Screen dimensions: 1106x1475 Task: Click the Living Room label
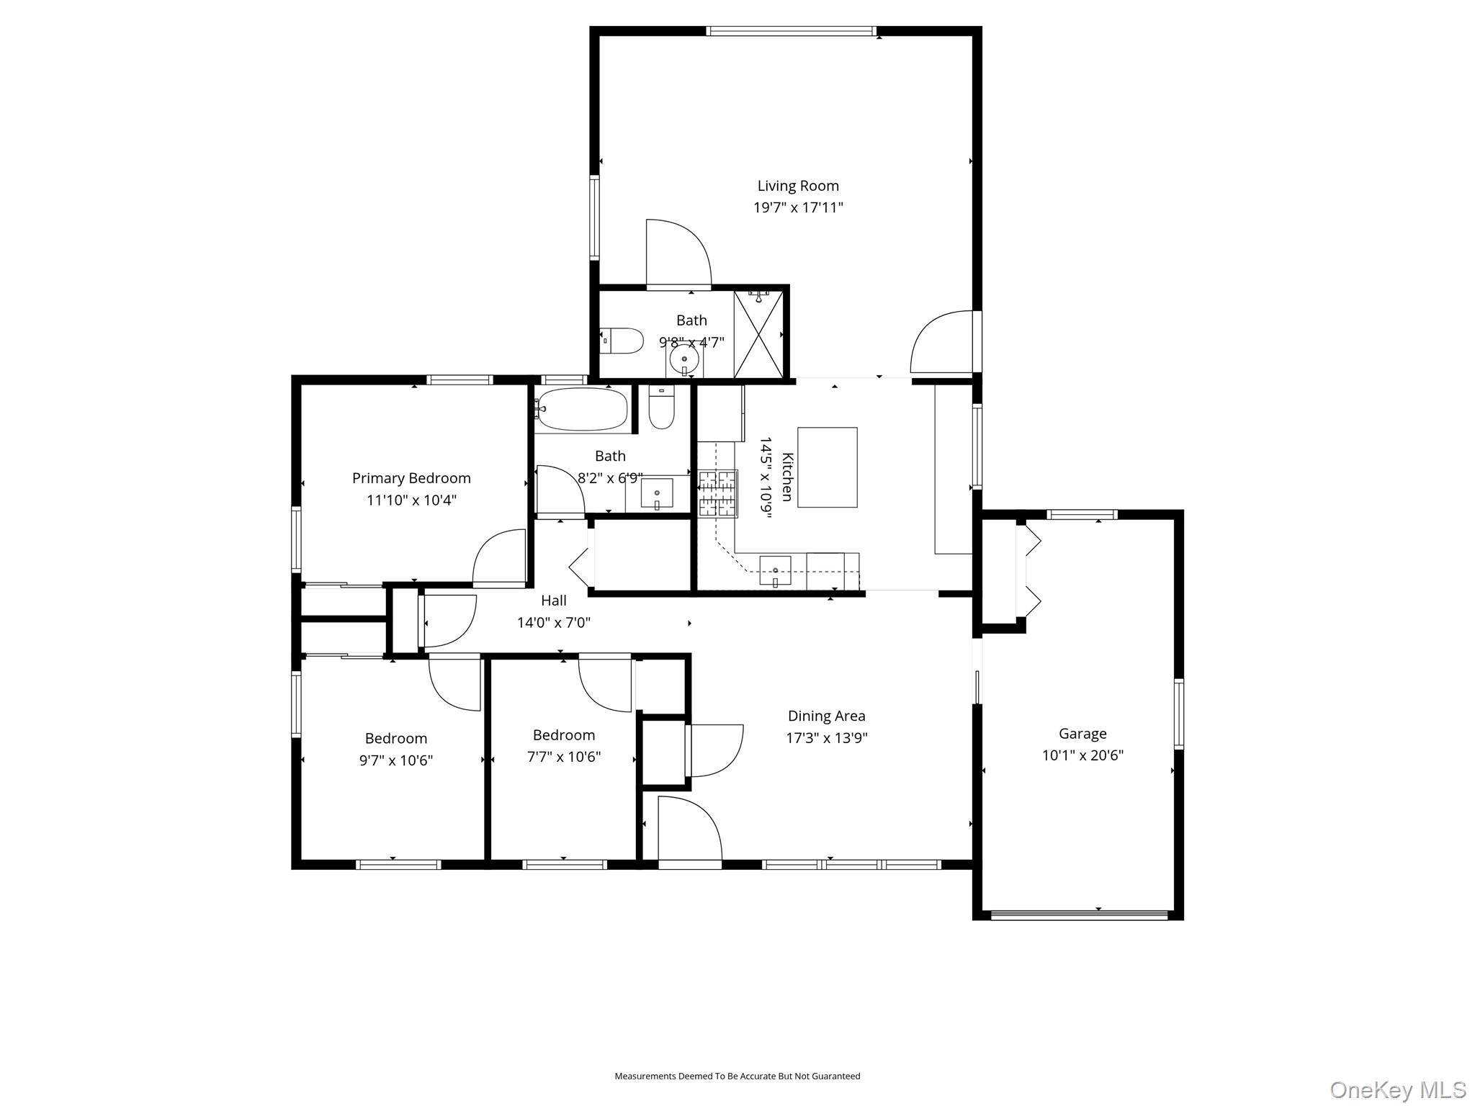pos(797,186)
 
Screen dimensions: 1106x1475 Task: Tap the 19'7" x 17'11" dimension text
pos(797,208)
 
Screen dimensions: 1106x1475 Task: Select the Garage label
pos(1082,734)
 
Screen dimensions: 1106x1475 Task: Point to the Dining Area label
pos(826,716)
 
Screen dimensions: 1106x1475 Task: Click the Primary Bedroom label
pos(411,478)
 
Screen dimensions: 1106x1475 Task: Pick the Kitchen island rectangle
pos(827,467)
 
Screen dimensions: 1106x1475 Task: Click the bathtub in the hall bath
pos(582,410)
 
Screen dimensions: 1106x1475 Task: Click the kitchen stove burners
pos(718,493)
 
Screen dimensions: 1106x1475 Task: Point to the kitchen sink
pos(775,571)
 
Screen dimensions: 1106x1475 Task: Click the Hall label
pos(553,601)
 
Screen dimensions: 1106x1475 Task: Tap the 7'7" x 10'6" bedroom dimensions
pos(563,757)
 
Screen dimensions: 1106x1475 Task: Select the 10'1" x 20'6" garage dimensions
pos(1082,755)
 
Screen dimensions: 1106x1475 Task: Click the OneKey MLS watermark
pos(1397,1089)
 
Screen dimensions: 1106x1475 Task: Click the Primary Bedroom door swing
pos(497,558)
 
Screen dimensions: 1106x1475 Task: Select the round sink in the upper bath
pos(683,358)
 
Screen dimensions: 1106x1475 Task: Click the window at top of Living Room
pos(791,31)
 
